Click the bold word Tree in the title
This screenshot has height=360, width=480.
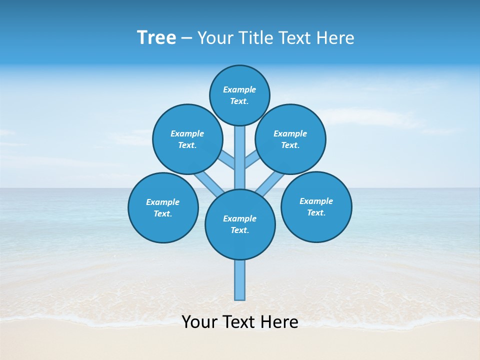[156, 37]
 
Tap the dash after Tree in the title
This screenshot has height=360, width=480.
[186, 38]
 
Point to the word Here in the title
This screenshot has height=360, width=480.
[336, 38]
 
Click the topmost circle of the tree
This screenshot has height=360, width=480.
[239, 95]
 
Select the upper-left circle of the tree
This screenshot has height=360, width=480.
[187, 139]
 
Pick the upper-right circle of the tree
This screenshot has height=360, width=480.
[290, 139]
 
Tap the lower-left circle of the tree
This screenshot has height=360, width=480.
[163, 207]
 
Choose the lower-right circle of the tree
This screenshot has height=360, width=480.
[316, 206]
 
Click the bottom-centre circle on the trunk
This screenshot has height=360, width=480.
[240, 224]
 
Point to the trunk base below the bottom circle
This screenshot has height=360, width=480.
[240, 280]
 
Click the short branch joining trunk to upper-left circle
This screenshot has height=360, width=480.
[227, 160]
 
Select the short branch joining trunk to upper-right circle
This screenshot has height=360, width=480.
[251, 160]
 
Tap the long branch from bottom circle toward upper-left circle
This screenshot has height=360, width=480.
[209, 182]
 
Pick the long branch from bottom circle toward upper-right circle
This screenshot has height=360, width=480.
[270, 183]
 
